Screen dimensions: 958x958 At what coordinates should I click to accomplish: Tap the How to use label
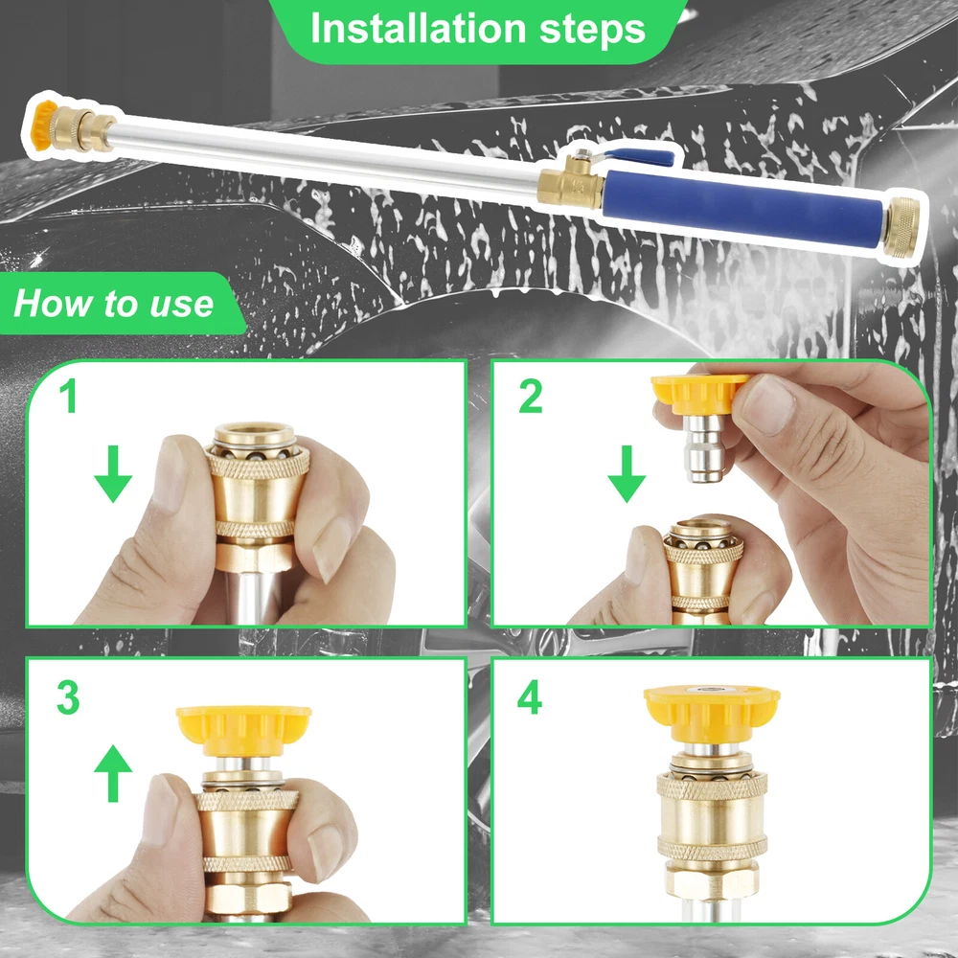pyautogui.click(x=114, y=303)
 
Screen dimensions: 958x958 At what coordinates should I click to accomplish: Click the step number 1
pyautogui.click(x=69, y=396)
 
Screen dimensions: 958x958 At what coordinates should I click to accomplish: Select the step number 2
pyautogui.click(x=531, y=396)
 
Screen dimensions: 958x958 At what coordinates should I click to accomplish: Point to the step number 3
pyautogui.click(x=68, y=697)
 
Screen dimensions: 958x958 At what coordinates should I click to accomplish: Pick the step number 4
pyautogui.click(x=530, y=697)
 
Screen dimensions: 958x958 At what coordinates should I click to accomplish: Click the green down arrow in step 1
pyautogui.click(x=113, y=474)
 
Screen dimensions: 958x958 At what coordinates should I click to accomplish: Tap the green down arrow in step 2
pyautogui.click(x=627, y=474)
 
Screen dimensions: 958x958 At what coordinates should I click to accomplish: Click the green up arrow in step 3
pyautogui.click(x=113, y=773)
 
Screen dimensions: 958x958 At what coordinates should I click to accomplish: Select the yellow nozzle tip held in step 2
pyautogui.click(x=698, y=394)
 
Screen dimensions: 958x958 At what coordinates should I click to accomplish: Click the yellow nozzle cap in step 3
pyautogui.click(x=243, y=730)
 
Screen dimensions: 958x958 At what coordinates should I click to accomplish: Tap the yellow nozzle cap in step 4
pyautogui.click(x=712, y=713)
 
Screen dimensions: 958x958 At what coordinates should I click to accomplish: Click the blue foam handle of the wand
pyautogui.click(x=742, y=208)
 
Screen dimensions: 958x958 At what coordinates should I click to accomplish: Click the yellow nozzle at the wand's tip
pyautogui.click(x=43, y=119)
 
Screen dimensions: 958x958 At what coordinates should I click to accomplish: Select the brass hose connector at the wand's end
pyautogui.click(x=901, y=227)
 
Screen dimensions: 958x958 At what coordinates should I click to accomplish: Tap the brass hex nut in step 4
pyautogui.click(x=712, y=879)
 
